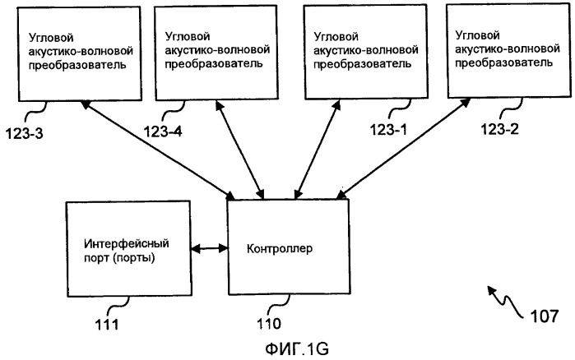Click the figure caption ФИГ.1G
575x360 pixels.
[288, 348]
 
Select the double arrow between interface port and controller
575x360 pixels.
[209, 246]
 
